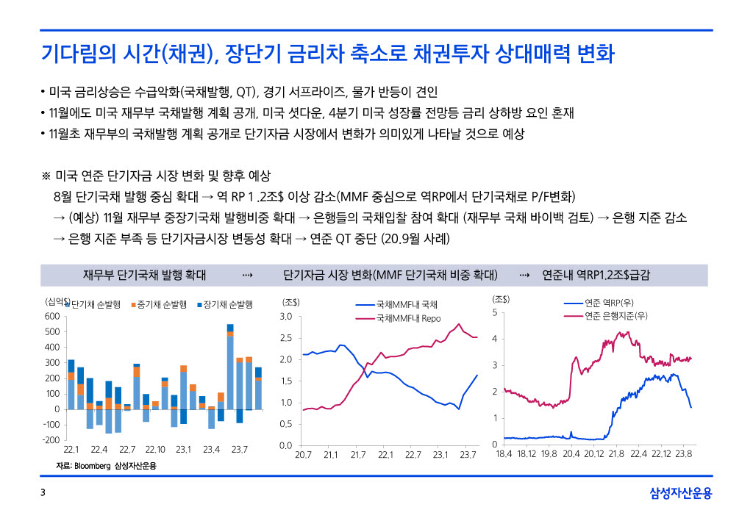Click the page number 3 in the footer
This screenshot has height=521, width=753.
(43, 494)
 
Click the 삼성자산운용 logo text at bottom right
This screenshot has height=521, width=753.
(681, 494)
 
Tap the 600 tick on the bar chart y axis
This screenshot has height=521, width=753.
(51, 316)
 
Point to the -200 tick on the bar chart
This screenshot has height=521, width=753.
(50, 439)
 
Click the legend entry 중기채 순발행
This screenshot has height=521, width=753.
(161, 304)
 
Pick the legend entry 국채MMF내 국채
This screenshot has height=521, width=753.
(407, 304)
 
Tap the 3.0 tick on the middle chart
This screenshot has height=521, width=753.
(286, 317)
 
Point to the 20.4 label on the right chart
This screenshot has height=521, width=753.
(571, 455)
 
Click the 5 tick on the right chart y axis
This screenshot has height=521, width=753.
(495, 312)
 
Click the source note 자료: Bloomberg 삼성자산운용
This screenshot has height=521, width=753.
(107, 467)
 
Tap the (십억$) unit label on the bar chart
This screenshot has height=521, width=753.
(57, 301)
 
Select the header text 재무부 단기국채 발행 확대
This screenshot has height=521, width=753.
(144, 275)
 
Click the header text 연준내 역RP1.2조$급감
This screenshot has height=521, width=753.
(596, 275)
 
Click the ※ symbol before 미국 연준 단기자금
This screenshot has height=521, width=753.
(46, 177)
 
